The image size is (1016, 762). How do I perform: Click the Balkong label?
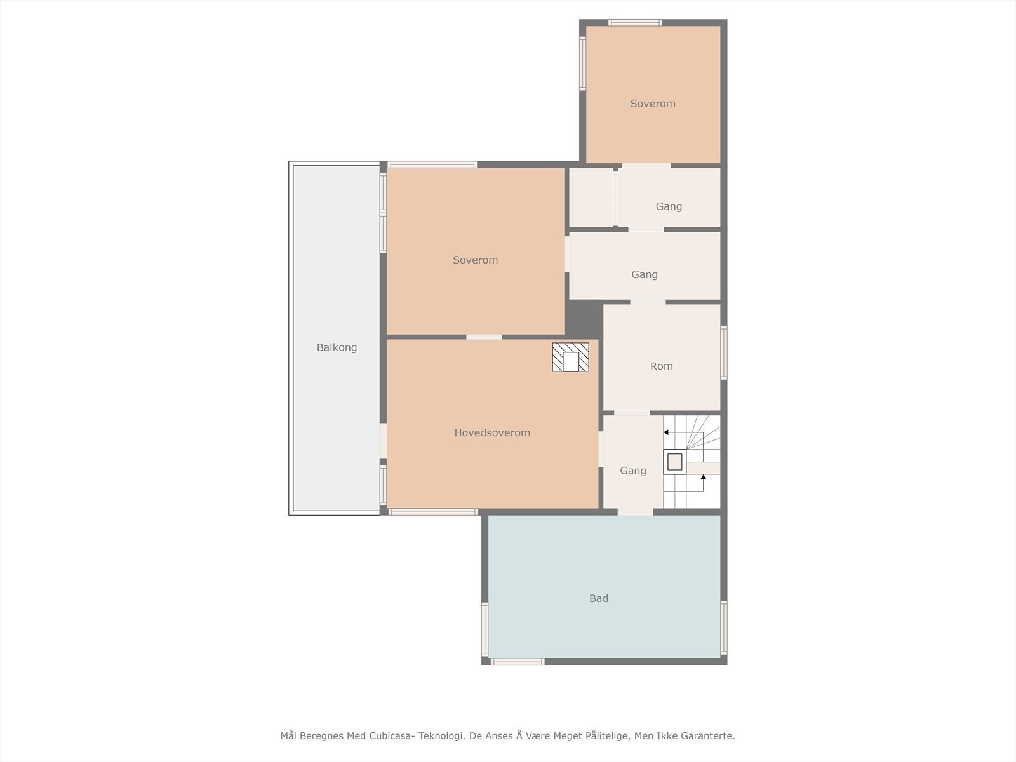[337, 347]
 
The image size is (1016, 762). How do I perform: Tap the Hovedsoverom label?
[492, 432]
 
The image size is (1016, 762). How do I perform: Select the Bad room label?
[599, 598]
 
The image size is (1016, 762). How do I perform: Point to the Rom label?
[662, 366]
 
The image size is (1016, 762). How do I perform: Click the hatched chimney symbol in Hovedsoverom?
[571, 357]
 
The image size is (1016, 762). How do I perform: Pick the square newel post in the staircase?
[675, 462]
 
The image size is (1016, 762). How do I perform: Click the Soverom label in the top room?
[653, 103]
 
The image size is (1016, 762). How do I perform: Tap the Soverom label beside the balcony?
[476, 260]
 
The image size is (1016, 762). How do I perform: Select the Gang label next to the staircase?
[632, 471]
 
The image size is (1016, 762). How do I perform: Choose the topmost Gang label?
[669, 206]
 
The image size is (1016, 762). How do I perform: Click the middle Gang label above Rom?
[645, 274]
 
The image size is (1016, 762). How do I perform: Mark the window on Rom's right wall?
[724, 352]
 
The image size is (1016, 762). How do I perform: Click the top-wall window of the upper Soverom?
[635, 23]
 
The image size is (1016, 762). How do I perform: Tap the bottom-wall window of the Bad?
[518, 662]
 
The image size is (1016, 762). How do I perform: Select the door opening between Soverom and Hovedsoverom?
[484, 337]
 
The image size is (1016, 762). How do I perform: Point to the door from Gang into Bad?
[636, 512]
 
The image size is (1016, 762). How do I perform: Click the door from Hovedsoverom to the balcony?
[383, 441]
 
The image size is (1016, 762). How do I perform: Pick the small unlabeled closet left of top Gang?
[591, 197]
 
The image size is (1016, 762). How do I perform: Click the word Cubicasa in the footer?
[389, 735]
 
